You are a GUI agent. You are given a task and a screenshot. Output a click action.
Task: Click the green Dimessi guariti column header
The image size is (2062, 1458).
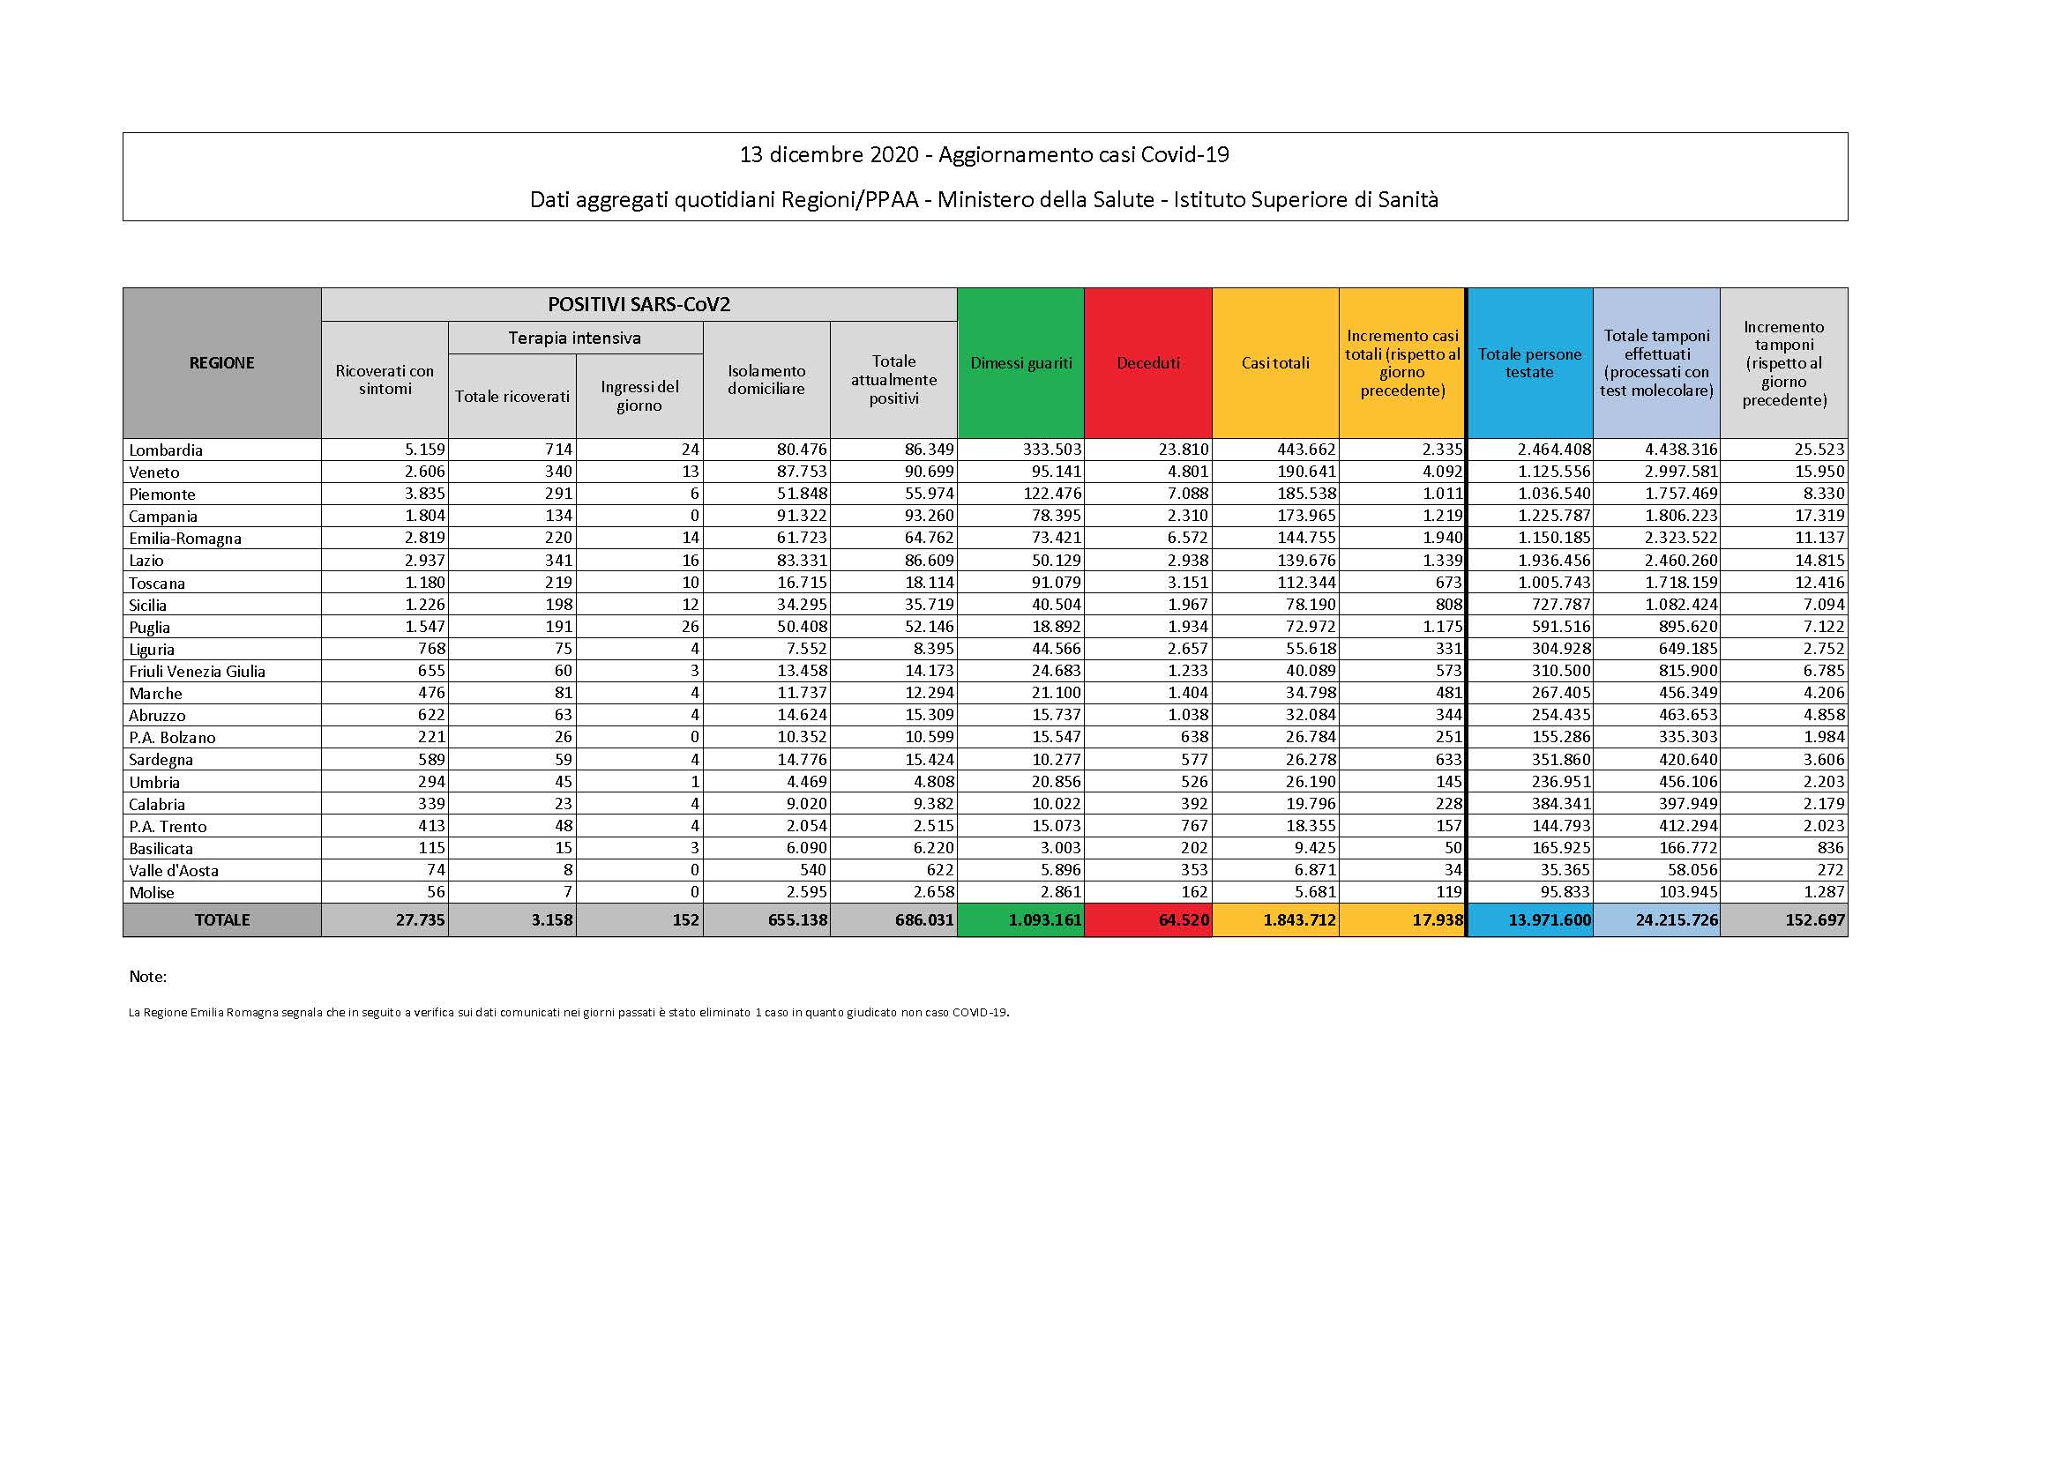pos(1021,362)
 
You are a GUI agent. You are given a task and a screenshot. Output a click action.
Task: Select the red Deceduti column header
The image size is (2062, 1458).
pos(1147,362)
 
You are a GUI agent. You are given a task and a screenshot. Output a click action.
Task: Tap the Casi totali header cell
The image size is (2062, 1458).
pos(1275,362)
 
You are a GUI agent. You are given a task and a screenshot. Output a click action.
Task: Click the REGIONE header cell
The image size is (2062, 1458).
pos(222,362)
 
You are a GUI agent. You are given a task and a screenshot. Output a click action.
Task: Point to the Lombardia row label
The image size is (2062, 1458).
pos(166,450)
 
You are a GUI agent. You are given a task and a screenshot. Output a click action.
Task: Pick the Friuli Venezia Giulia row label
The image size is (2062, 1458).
pos(198,671)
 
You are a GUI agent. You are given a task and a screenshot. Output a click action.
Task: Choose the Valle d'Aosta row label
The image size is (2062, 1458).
pos(174,870)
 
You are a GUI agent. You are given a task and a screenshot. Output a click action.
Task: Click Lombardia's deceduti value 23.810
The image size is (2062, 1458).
pos(1183,449)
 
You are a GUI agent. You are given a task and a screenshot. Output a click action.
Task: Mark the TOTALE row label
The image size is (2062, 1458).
pos(222,919)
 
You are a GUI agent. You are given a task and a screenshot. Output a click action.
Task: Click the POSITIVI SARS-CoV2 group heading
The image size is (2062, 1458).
pos(639,304)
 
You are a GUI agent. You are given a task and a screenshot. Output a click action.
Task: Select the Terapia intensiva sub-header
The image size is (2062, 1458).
pos(575,338)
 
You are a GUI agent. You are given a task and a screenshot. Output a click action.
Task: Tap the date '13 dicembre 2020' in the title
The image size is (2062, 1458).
pos(829,154)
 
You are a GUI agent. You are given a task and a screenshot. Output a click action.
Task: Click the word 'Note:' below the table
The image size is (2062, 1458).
pos(148,976)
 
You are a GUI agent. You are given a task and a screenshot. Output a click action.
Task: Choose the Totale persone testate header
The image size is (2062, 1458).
pos(1529,362)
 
